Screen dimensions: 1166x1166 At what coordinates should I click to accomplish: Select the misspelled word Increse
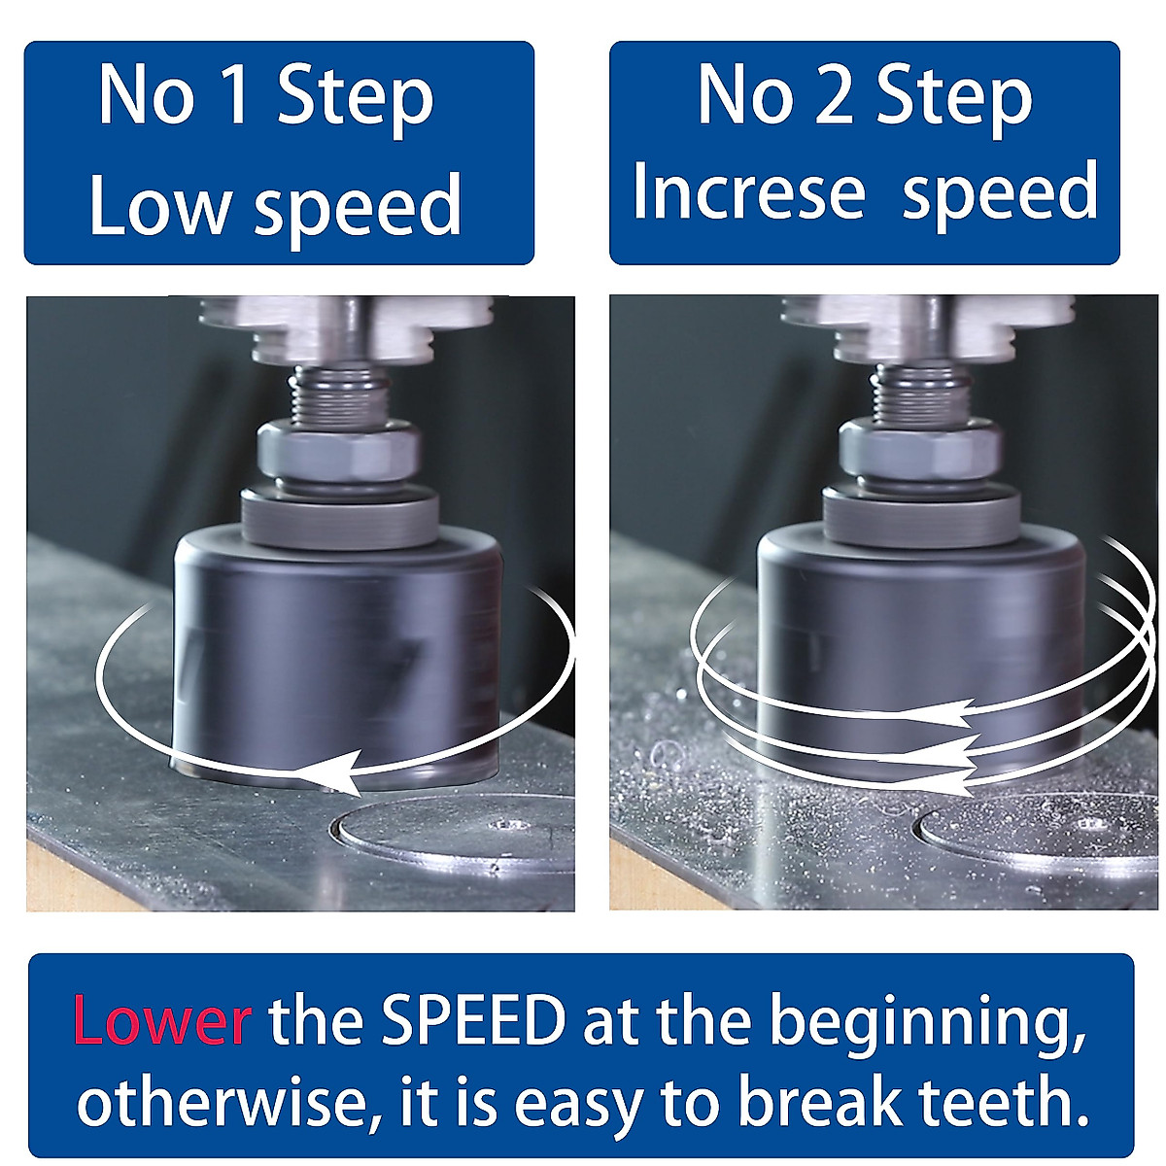(748, 190)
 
